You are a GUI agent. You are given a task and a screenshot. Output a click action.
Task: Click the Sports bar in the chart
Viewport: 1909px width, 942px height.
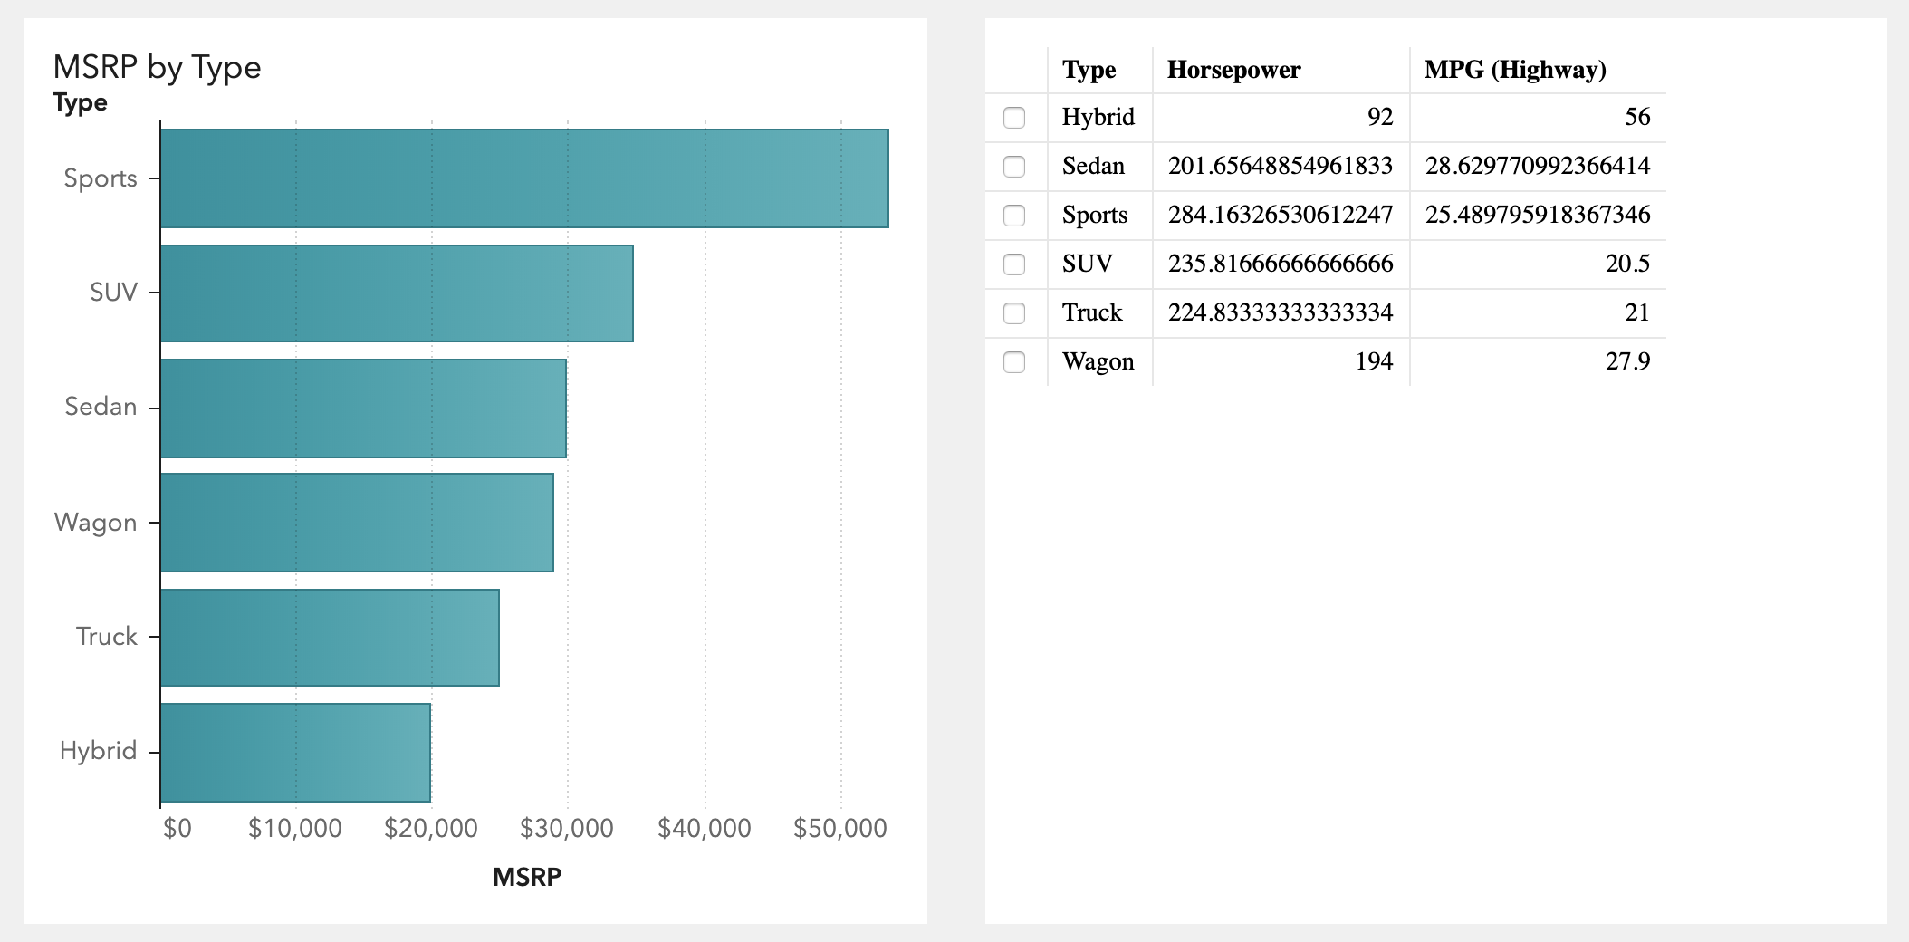[x=524, y=178]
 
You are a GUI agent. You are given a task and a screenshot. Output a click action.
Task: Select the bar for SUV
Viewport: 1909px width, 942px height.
[x=397, y=293]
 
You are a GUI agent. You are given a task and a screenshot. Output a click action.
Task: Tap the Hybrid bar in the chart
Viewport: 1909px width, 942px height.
[x=295, y=752]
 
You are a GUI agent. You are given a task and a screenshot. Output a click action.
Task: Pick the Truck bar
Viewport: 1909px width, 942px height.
[x=330, y=638]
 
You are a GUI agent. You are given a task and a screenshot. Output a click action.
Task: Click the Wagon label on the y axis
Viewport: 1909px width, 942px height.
[x=95, y=523]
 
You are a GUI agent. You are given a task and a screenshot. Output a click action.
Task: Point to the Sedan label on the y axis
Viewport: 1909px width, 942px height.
[x=101, y=407]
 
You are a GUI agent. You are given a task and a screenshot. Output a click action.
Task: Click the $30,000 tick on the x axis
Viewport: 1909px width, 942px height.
[x=567, y=828]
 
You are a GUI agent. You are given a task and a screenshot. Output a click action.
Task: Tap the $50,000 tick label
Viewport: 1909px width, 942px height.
[x=839, y=828]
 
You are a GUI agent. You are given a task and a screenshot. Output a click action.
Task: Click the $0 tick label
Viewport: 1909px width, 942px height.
[x=177, y=828]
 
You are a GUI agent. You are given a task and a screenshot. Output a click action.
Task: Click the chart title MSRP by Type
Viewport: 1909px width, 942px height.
[x=157, y=67]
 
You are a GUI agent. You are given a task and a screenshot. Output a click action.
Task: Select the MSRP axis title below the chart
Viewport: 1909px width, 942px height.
[x=526, y=877]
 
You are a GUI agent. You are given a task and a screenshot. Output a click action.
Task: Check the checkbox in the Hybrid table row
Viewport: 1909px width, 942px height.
[x=1014, y=118]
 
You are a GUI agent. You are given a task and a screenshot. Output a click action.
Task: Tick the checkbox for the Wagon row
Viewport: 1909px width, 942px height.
[x=1014, y=362]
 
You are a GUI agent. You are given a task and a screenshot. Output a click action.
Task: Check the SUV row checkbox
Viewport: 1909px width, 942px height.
[x=1014, y=264]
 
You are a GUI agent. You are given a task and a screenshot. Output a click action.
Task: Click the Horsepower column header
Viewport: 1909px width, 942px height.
[x=1233, y=70]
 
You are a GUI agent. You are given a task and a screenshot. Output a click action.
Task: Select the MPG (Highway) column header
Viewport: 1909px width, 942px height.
[x=1515, y=70]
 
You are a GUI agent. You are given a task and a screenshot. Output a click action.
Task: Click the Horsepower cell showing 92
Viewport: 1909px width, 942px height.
[x=1379, y=117]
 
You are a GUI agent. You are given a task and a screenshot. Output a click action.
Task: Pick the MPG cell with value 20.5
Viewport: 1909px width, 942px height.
[x=1626, y=264]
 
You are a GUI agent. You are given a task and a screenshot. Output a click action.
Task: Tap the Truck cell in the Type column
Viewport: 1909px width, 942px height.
[x=1092, y=312]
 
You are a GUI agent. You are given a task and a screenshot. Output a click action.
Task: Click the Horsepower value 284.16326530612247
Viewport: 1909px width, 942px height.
[x=1280, y=215]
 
